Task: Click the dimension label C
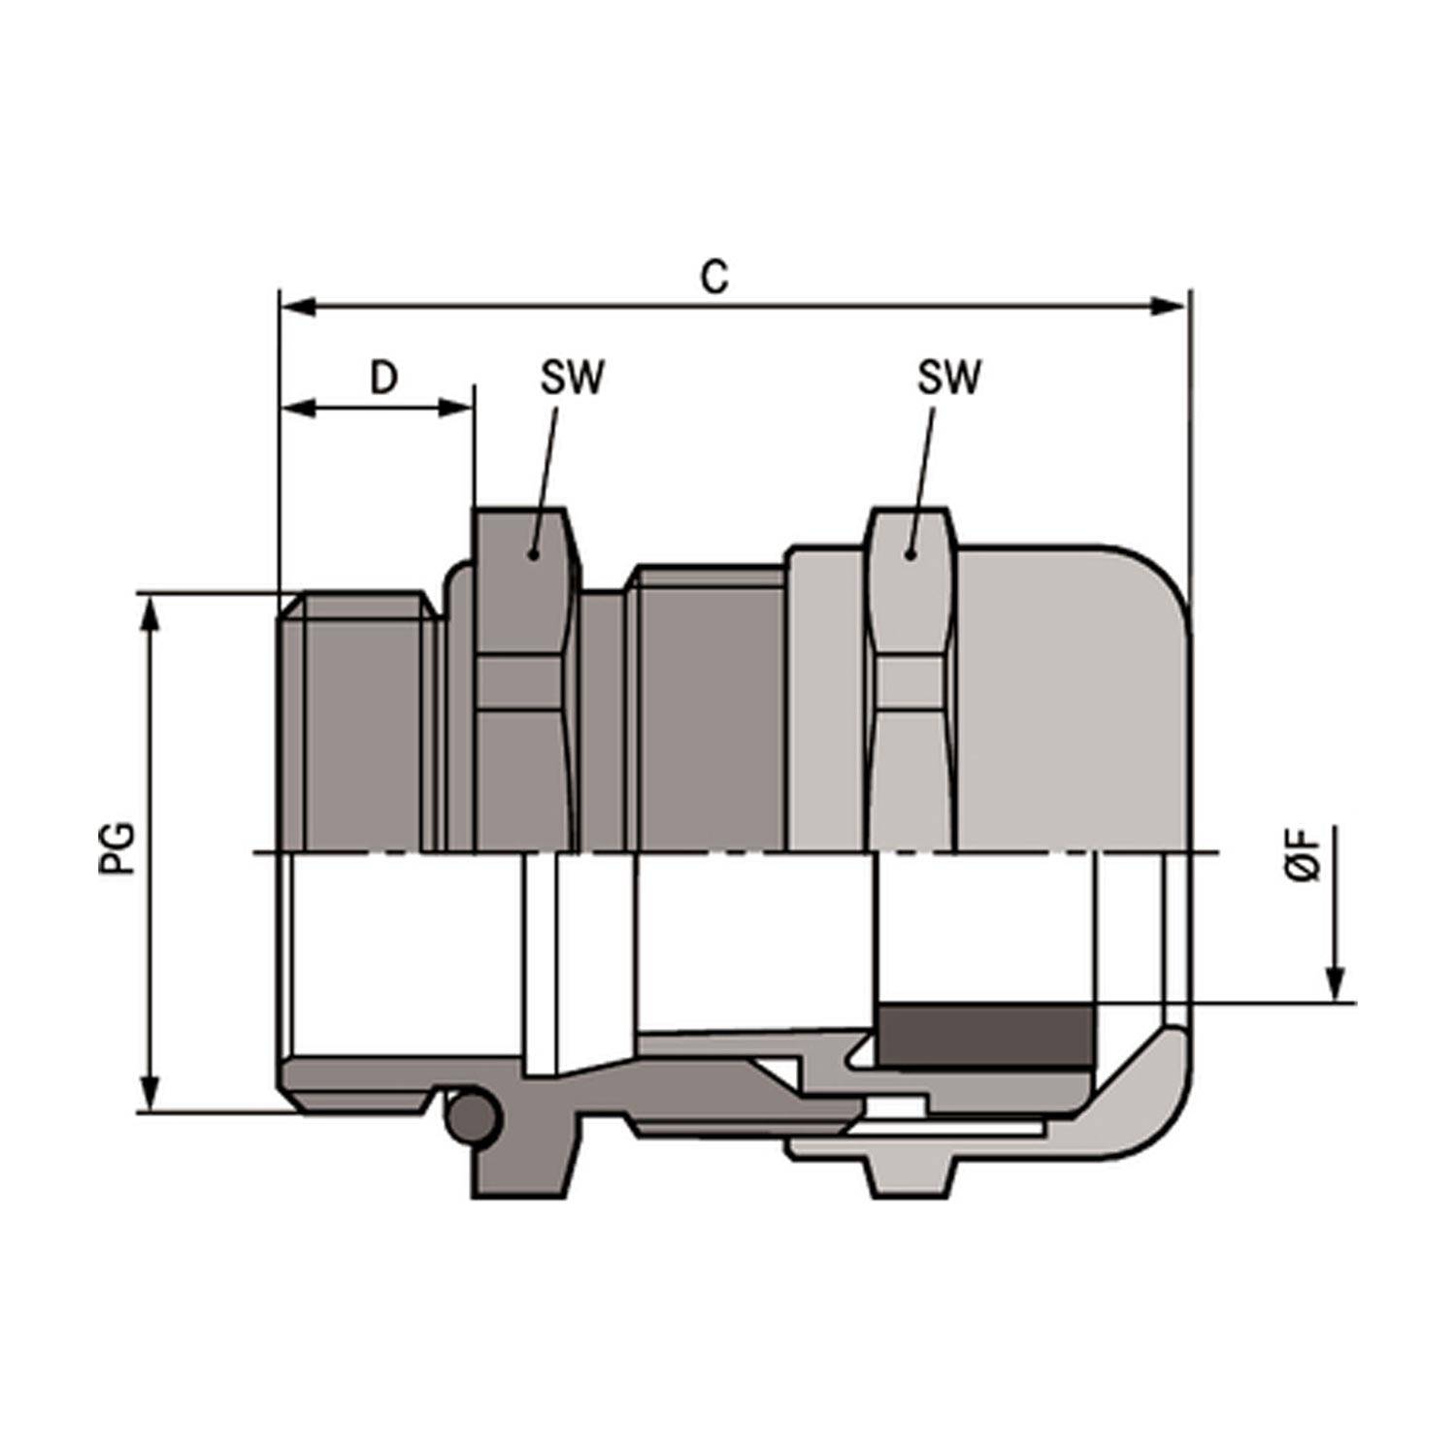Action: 714,278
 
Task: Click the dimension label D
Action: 384,378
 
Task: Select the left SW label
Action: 572,378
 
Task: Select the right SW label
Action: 948,378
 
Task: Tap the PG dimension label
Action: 117,848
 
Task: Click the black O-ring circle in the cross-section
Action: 473,1120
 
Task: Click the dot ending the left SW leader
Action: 532,554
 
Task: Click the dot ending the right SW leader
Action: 910,554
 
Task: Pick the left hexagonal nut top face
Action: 521,582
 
